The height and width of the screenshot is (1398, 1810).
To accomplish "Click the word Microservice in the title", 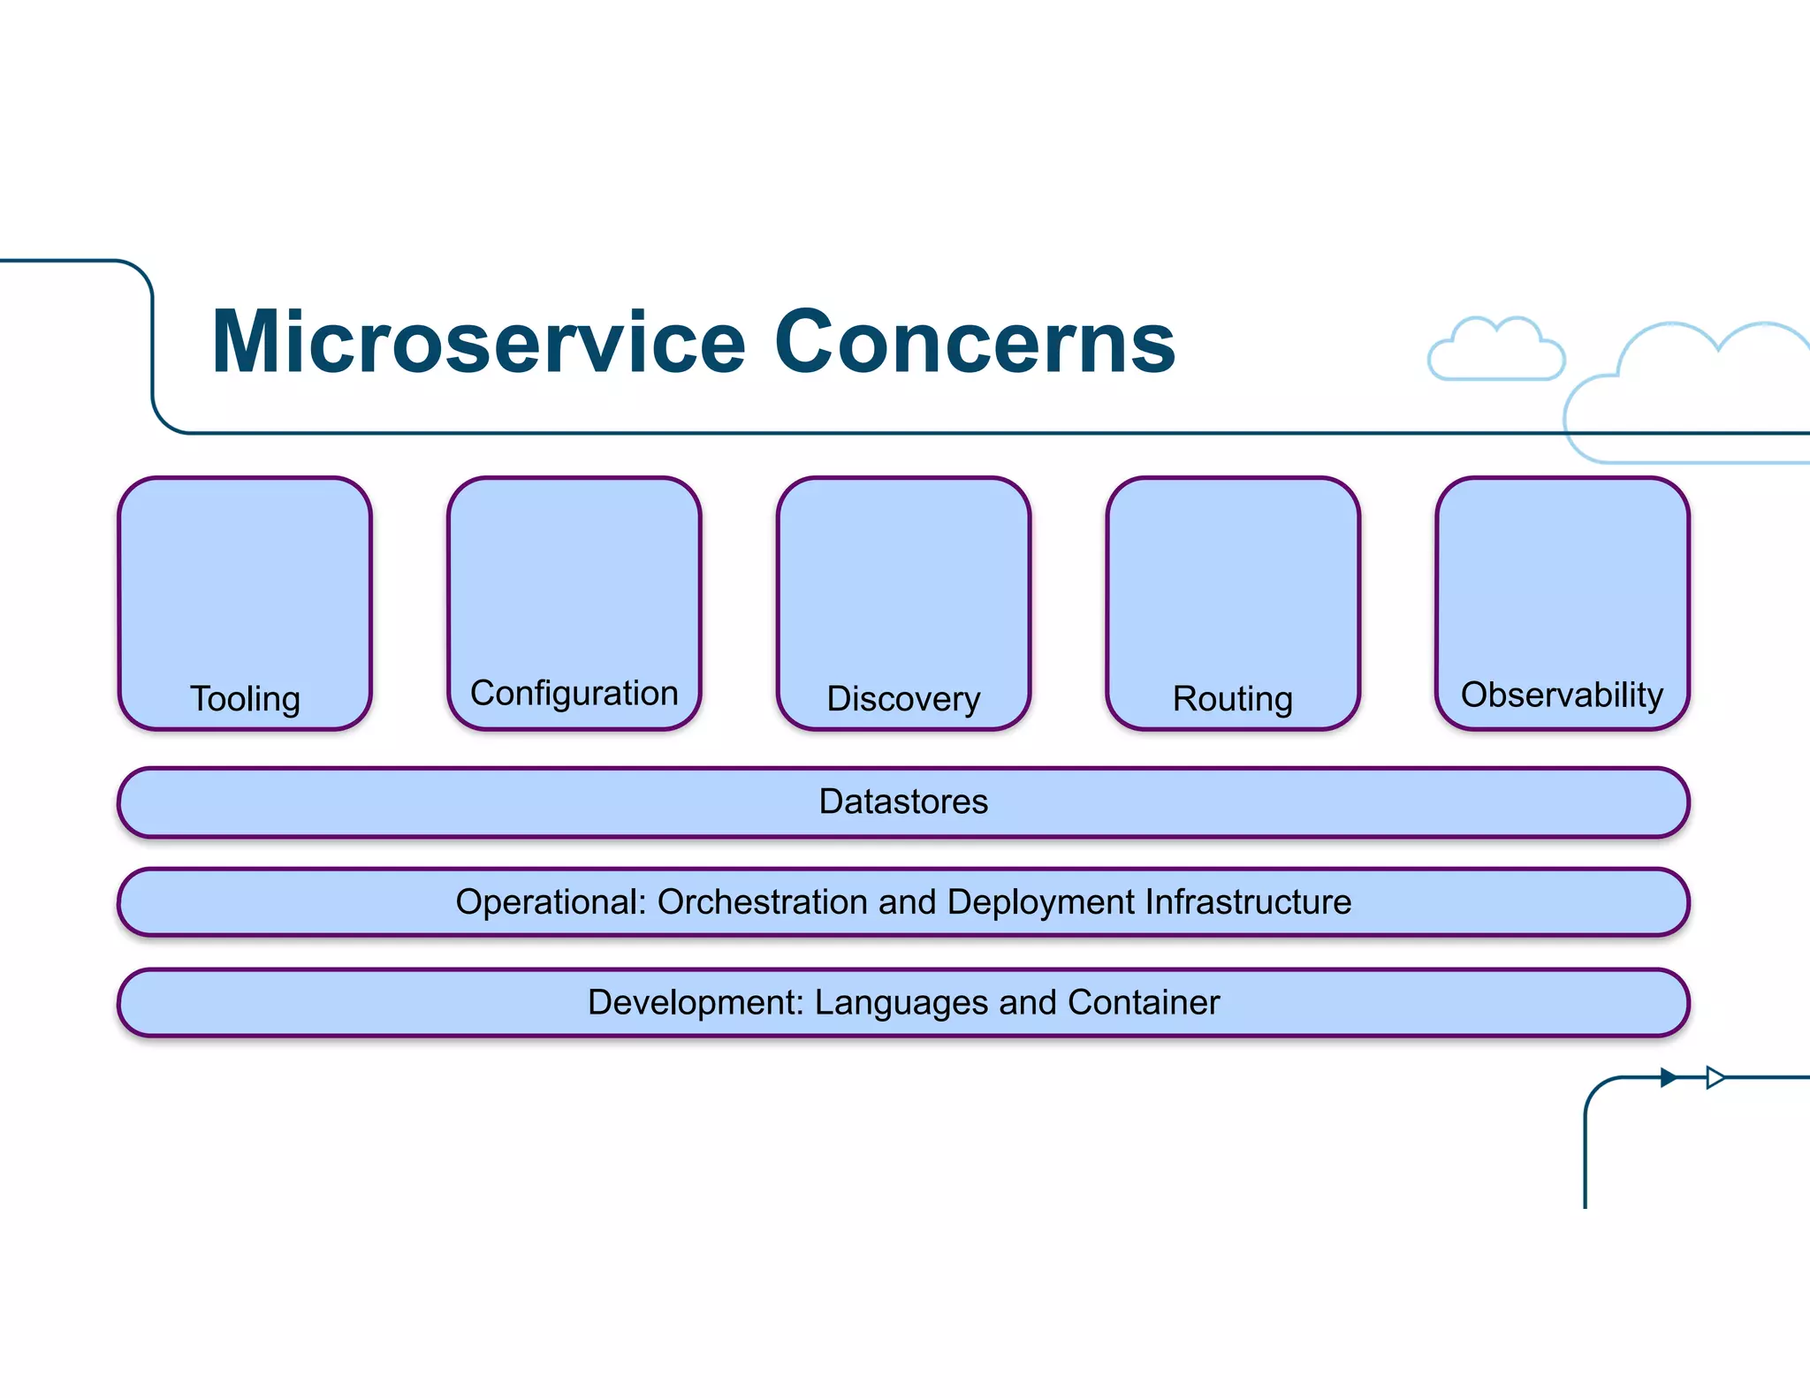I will (478, 343).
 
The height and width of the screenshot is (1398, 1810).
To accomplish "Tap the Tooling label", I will (245, 699).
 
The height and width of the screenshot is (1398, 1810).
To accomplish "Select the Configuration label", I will (574, 694).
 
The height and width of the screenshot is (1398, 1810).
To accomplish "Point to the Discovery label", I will (903, 699).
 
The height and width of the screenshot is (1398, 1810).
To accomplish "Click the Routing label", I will (1232, 699).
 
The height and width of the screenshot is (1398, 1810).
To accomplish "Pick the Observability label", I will (1562, 695).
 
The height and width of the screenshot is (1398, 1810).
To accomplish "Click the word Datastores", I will (903, 802).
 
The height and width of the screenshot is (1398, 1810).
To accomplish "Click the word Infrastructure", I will (1248, 902).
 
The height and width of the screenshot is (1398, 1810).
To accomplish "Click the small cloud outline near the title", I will (1496, 351).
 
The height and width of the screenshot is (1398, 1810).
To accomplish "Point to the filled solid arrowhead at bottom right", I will (1668, 1077).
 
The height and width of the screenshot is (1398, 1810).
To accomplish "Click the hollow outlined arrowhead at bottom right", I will (1715, 1077).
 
